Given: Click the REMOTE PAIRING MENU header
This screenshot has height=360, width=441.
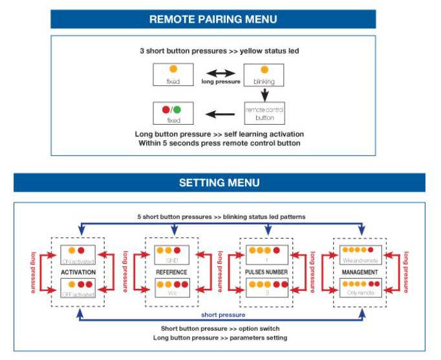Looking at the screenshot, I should [213, 19].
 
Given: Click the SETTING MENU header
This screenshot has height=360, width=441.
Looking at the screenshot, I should [219, 183].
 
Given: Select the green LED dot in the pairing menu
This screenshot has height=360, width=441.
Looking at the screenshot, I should [177, 110].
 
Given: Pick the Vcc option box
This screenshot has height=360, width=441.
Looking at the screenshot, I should [171, 288].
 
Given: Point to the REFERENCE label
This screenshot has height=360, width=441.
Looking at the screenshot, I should [171, 272].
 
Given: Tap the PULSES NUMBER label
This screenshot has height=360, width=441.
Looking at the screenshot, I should [267, 272].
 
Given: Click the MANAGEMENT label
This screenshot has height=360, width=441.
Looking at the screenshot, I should [361, 272].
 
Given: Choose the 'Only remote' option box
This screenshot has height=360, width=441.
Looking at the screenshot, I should [361, 288].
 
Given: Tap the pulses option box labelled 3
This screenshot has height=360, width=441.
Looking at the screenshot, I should [267, 288].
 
